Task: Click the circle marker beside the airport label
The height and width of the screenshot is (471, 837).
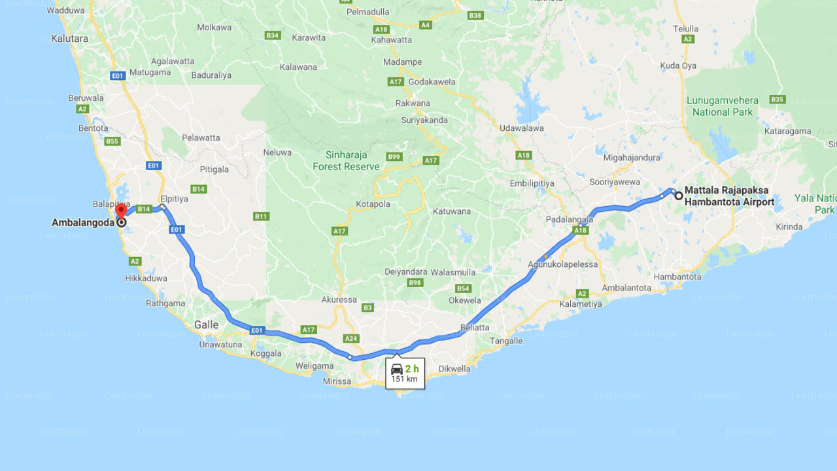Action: point(679,195)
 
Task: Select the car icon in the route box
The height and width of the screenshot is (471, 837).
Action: point(397,369)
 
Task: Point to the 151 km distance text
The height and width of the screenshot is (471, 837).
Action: point(404,379)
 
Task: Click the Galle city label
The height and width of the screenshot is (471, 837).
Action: point(207,325)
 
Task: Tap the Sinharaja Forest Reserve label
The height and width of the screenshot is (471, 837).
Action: point(346,161)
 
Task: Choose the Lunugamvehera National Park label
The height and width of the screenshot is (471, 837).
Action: point(722,106)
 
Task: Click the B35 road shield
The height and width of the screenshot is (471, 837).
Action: point(777,99)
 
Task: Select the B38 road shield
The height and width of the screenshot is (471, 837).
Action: point(475,15)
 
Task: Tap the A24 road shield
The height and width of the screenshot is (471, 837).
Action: point(352,339)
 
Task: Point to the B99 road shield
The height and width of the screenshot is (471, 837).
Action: point(394,157)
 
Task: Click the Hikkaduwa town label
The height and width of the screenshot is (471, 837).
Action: point(146,278)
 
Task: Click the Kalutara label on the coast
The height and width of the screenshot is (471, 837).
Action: point(69,39)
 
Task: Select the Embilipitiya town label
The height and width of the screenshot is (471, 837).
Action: point(532,184)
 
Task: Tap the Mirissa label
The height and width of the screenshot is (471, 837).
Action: point(337,381)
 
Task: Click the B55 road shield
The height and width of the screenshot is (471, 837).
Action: point(112,141)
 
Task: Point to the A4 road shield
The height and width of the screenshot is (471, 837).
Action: point(426,25)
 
